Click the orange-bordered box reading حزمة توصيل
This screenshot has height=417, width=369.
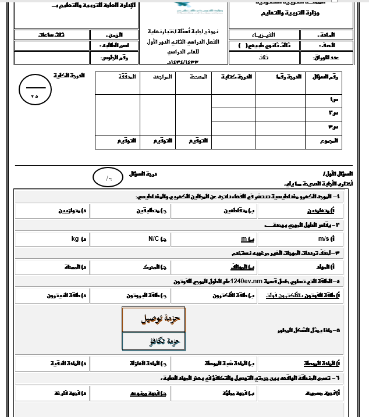tap(154, 319)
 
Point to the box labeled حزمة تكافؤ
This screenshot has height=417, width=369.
tap(154, 341)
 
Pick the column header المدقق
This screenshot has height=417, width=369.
tap(129, 77)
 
